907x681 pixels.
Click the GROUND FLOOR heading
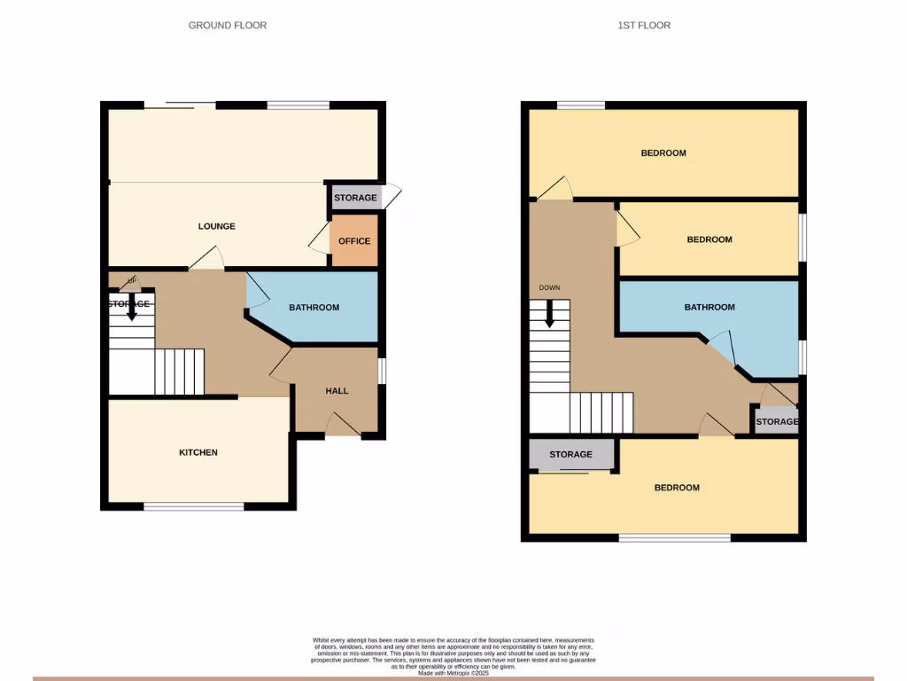tap(228, 26)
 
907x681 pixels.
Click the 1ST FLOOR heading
tap(644, 26)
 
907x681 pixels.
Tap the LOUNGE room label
tap(217, 226)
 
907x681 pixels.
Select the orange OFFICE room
tap(354, 241)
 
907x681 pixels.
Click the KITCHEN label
tap(198, 452)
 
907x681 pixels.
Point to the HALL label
tap(337, 390)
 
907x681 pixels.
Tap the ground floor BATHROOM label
tap(314, 308)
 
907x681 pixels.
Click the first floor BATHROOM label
tap(709, 307)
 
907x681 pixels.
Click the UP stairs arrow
tap(131, 306)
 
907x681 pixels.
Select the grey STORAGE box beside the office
tap(355, 198)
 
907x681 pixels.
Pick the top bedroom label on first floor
tap(663, 153)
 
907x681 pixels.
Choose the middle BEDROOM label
tap(709, 239)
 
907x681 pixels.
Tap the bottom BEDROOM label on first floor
tap(677, 488)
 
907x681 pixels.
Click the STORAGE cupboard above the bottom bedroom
tap(570, 454)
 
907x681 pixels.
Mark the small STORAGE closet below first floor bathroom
tap(776, 421)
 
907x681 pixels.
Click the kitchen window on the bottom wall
tap(194, 506)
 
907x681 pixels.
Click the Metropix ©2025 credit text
tap(453, 673)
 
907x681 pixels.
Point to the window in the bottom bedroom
tap(674, 537)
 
